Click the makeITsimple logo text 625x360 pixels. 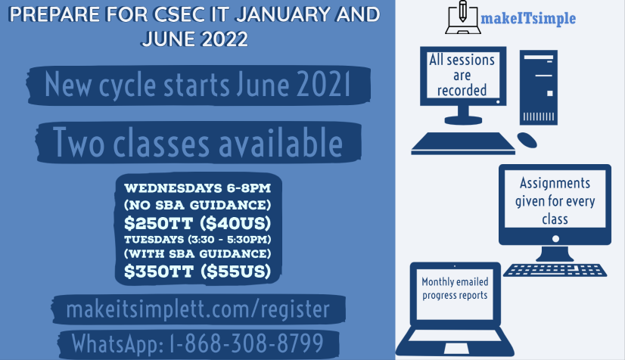[x=528, y=18]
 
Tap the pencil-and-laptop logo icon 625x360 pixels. [x=463, y=17]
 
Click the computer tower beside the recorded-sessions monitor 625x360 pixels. [x=539, y=88]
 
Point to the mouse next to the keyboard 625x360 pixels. [x=527, y=140]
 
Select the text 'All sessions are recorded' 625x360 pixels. [x=462, y=76]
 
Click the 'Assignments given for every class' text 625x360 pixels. [x=555, y=201]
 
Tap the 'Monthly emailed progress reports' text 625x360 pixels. [x=455, y=288]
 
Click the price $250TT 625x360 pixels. [x=159, y=223]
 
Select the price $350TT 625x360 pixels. [x=159, y=272]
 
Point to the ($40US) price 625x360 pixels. [x=235, y=223]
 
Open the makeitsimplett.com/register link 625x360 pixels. [x=198, y=309]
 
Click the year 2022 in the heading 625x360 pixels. [x=225, y=39]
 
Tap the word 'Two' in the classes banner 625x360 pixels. [x=79, y=142]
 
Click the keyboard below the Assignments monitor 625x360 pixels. [x=555, y=269]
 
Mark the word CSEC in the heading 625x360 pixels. [x=179, y=14]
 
